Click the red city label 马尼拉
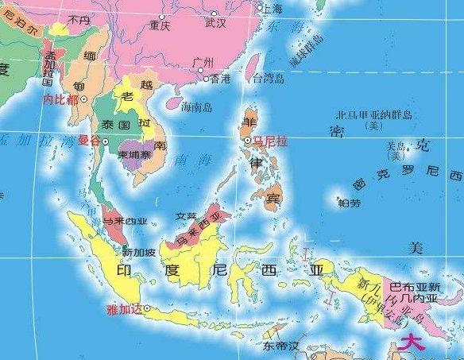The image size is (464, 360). (269, 141)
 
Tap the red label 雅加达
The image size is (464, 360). (122, 310)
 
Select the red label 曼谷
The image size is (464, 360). (90, 141)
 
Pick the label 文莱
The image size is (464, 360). (185, 215)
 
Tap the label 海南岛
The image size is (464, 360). (197, 106)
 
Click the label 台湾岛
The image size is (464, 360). (268, 79)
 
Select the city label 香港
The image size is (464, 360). (219, 79)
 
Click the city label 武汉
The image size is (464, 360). (215, 23)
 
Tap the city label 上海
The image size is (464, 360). (271, 9)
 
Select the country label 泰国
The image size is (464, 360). (115, 126)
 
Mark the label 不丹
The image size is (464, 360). (79, 19)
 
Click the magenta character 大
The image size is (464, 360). (412, 343)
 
